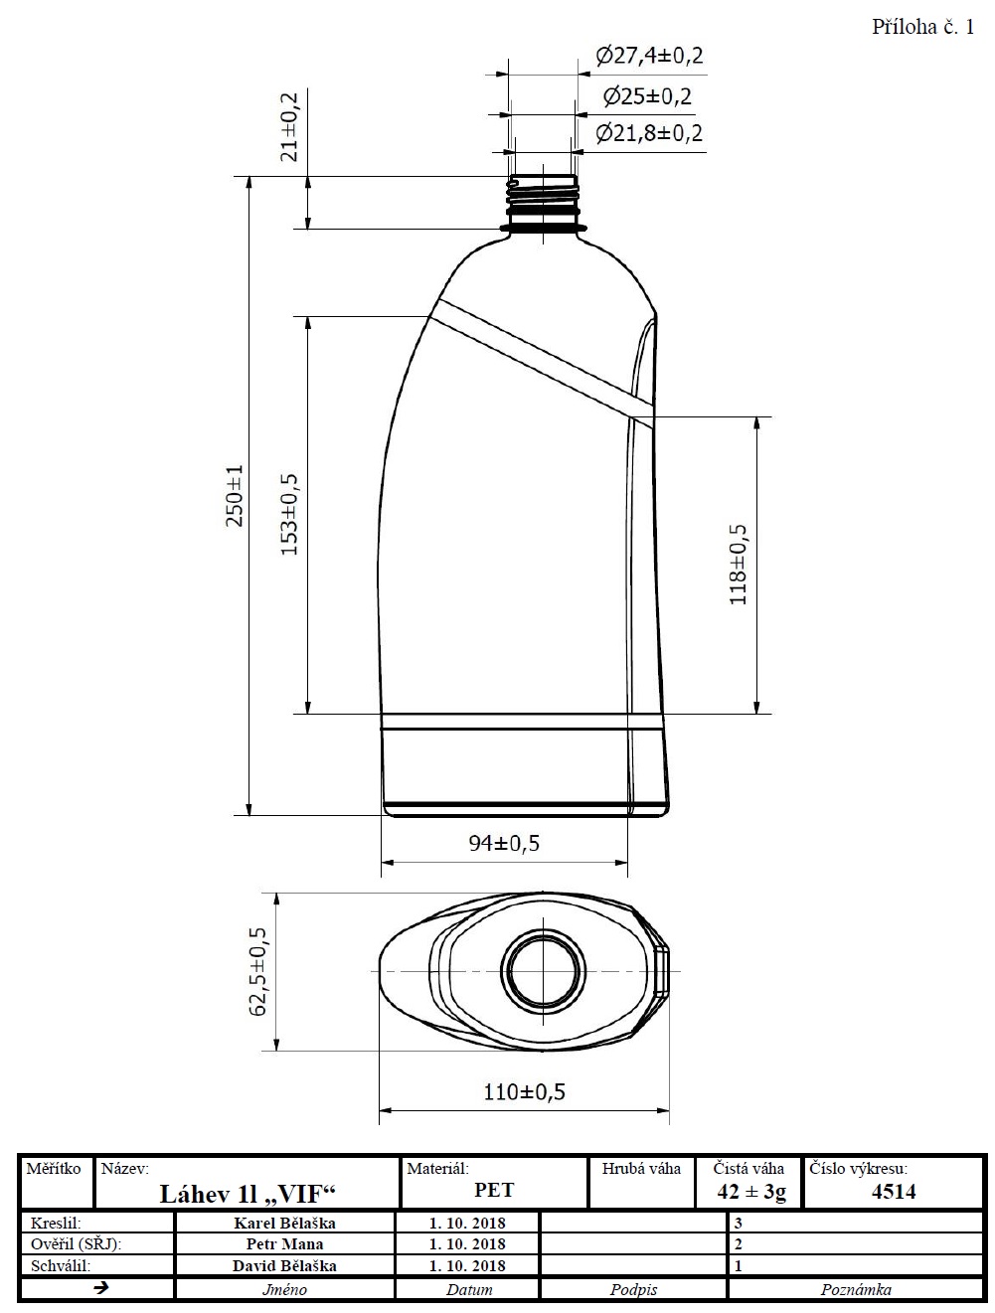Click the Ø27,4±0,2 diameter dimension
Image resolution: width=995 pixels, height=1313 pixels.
point(649,56)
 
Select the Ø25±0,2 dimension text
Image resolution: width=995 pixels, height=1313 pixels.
point(647,95)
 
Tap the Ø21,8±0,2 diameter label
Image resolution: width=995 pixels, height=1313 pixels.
point(649,133)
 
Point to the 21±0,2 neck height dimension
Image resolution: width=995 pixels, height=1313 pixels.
point(289,127)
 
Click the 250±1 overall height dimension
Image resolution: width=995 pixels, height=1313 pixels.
point(235,495)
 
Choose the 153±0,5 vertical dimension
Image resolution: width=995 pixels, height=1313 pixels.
point(289,515)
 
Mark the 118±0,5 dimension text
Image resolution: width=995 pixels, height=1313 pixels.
point(739,565)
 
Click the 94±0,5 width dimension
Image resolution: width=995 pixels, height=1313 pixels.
point(504,844)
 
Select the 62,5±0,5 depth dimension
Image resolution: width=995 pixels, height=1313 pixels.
point(257,972)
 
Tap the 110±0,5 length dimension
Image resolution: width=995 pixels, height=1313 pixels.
point(524,1092)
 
